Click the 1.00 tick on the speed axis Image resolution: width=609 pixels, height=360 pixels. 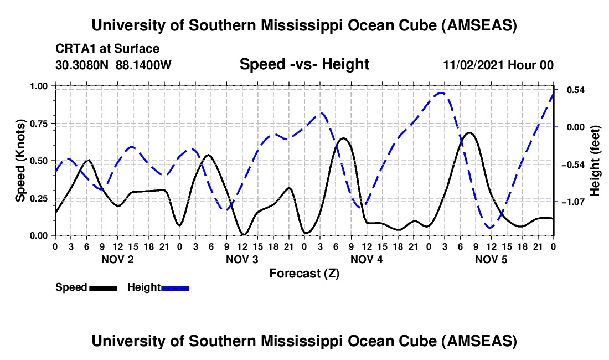(x=40, y=86)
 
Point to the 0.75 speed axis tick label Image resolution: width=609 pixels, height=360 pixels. (x=40, y=124)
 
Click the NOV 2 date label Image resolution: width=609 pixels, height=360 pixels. (x=117, y=259)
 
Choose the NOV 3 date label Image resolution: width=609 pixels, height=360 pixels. (x=241, y=259)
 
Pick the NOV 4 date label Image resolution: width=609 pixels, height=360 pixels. (x=367, y=259)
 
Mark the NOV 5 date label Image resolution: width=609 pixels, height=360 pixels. (x=491, y=259)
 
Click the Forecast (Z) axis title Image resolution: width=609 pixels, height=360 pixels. (x=304, y=273)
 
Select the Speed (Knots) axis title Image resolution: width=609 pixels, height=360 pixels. (x=20, y=161)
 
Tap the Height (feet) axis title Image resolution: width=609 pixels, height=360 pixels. (x=596, y=161)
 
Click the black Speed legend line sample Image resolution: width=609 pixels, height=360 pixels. (x=103, y=287)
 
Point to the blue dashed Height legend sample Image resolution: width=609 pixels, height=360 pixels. (x=176, y=287)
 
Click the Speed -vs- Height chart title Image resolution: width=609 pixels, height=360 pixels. (x=304, y=65)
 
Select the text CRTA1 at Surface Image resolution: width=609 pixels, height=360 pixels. (x=107, y=49)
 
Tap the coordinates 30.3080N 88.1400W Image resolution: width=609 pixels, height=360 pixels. (x=113, y=65)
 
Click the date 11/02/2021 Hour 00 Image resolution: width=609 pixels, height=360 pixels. (x=498, y=65)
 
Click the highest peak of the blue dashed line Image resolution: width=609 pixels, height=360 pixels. (x=441, y=93)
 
